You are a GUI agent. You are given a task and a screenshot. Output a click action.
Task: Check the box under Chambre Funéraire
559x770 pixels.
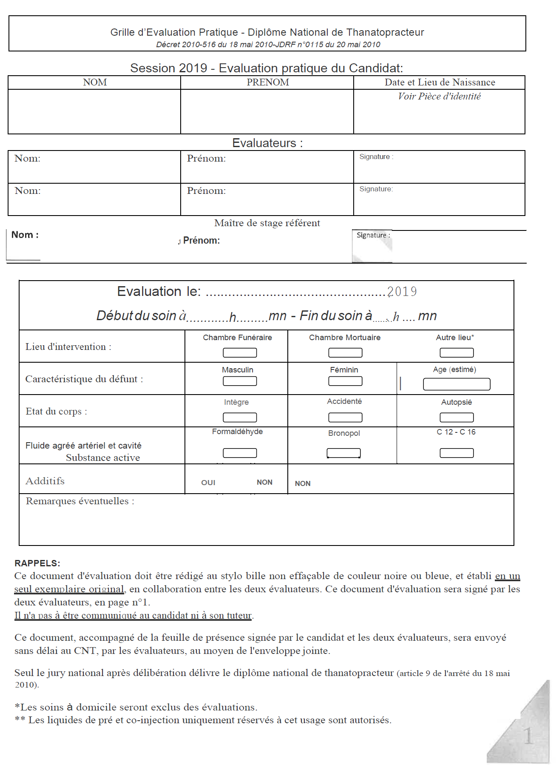pos(240,352)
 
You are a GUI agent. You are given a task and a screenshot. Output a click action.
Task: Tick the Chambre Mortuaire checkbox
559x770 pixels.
pos(345,352)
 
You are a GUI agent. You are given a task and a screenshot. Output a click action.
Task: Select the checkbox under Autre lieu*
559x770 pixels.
pos(457,352)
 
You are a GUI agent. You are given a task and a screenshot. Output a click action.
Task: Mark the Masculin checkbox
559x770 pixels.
pos(240,381)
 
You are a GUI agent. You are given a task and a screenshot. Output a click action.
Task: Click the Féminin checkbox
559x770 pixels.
pos(345,381)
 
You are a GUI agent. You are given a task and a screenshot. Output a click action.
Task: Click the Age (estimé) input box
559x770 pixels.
pos(457,384)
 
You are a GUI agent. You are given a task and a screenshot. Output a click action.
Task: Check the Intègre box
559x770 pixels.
pos(240,418)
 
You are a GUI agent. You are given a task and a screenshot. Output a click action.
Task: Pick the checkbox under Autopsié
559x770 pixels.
pos(457,418)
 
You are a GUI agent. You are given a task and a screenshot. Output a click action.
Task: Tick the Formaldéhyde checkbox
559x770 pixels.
pos(240,453)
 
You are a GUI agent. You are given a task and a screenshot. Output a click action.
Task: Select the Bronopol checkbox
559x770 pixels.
pos(343,453)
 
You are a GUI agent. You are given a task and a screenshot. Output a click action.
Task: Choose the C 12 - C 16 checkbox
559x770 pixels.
pos(457,453)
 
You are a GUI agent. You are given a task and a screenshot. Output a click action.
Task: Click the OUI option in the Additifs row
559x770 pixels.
pos(208,483)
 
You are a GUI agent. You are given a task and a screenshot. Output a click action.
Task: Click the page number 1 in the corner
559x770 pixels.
pos(528,736)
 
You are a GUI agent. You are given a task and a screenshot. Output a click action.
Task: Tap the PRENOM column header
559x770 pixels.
pos(268,82)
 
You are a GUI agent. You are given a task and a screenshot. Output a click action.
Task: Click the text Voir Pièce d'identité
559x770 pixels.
pos(439,97)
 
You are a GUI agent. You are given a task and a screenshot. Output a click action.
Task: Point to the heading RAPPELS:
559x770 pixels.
pos(37,563)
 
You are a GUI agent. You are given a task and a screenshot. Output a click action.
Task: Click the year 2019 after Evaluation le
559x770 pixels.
pos(402,292)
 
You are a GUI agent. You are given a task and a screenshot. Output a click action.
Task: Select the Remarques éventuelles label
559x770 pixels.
pos(80,501)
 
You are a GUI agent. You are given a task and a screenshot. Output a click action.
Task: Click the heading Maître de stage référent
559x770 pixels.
pos(267,223)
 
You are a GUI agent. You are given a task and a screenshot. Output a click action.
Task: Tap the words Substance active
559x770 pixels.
pos(103,458)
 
